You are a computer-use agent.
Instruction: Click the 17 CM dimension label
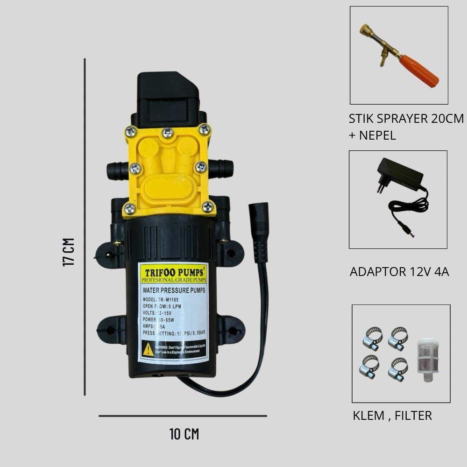(x=69, y=252)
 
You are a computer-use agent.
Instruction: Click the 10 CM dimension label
(x=184, y=434)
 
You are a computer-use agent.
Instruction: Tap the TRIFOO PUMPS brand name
(x=173, y=272)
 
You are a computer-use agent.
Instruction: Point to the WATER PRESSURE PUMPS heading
(x=174, y=290)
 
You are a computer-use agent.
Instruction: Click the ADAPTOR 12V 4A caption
(x=399, y=272)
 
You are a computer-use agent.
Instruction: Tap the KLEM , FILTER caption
(x=392, y=415)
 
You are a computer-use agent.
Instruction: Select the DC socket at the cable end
(x=258, y=231)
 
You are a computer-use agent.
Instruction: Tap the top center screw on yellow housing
(x=168, y=133)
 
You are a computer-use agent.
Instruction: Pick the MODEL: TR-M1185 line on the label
(x=161, y=300)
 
